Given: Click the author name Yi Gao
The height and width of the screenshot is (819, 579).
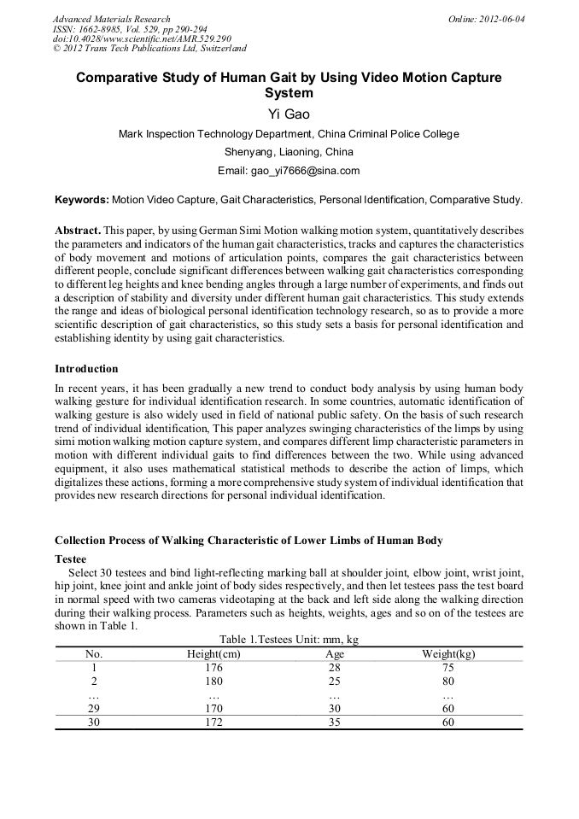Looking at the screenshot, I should (x=289, y=114).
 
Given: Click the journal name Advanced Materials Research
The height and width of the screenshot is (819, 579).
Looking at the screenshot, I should (x=111, y=19).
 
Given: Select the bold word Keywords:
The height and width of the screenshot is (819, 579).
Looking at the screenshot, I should (x=82, y=200).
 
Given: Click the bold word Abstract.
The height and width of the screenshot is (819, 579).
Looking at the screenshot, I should (x=78, y=231).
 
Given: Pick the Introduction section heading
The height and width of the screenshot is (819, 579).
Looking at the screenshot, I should (x=86, y=369).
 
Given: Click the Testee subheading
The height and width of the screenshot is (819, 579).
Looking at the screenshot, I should (x=70, y=558).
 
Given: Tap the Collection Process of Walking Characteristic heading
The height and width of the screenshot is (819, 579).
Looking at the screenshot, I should (x=249, y=541).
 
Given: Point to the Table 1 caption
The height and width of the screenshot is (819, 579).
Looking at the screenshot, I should (x=289, y=640).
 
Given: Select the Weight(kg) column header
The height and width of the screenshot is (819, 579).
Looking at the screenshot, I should (x=448, y=654).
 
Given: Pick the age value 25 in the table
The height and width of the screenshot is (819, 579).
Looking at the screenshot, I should (x=335, y=682).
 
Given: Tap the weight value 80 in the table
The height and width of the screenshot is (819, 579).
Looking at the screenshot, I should (x=448, y=682).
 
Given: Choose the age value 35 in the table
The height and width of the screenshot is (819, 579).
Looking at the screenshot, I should (x=335, y=722).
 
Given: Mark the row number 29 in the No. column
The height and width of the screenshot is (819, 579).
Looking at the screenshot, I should (x=94, y=709).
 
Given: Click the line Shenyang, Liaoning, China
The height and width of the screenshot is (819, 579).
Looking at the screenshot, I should (x=289, y=152).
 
